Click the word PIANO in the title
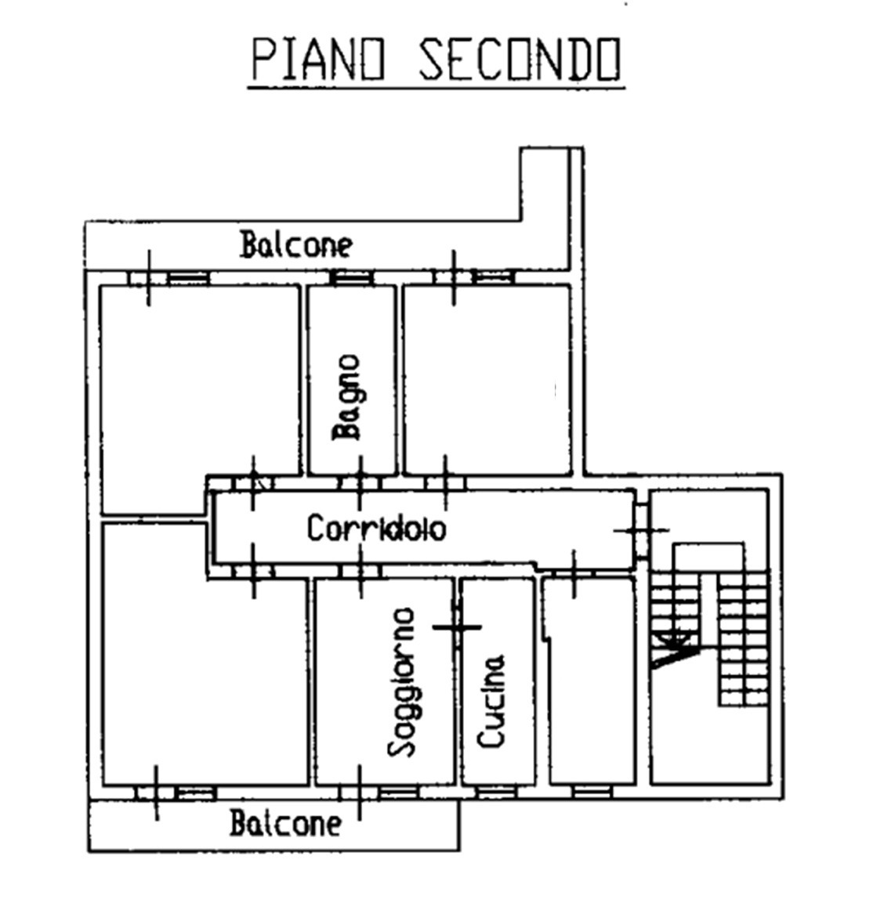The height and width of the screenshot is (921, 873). (x=319, y=60)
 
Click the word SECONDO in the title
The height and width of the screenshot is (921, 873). (x=520, y=60)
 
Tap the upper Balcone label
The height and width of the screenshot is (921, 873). (x=296, y=244)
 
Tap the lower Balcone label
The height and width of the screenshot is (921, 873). (x=286, y=824)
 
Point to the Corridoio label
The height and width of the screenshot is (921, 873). (x=376, y=529)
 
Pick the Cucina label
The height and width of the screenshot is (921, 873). (x=491, y=700)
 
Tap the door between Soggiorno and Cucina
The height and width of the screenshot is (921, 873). (x=458, y=627)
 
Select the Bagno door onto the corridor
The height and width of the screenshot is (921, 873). (x=360, y=481)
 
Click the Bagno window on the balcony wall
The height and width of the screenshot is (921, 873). (x=351, y=277)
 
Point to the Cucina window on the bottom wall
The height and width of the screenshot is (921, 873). (x=497, y=793)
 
